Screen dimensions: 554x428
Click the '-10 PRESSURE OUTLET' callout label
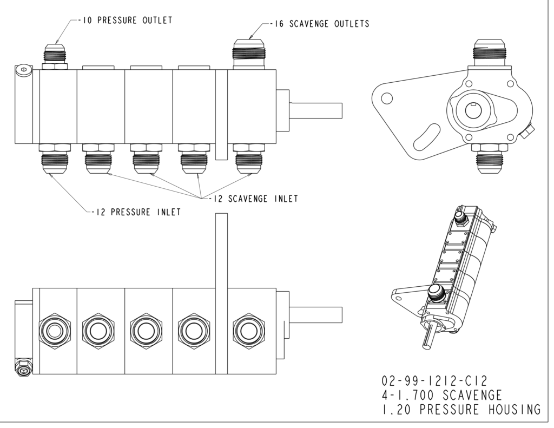tap(125, 20)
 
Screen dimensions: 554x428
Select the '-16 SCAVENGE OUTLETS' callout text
tap(320, 24)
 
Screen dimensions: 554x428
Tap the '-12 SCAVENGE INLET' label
tap(253, 199)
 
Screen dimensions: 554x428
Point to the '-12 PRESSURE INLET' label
tap(136, 212)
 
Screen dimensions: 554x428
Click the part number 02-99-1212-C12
tap(434, 381)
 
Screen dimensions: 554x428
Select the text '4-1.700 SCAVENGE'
tap(441, 395)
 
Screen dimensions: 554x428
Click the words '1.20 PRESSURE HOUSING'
tap(461, 409)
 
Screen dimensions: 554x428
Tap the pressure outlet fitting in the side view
tap(55, 57)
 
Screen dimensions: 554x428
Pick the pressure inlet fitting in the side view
tap(55, 159)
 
